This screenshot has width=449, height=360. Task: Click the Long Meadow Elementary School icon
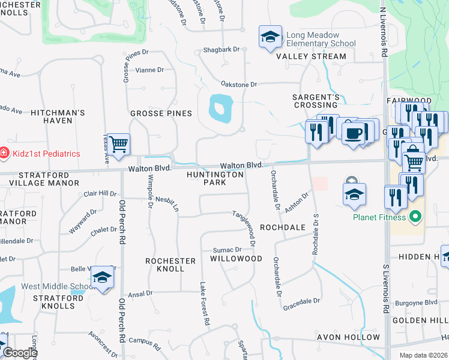click(270, 37)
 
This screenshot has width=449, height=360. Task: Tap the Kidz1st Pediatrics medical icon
click(4, 154)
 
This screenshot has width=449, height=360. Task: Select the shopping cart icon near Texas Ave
click(119, 143)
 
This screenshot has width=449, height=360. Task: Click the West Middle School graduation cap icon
click(102, 277)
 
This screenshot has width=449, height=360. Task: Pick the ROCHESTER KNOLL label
click(170, 265)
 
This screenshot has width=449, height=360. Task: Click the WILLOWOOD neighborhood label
click(236, 259)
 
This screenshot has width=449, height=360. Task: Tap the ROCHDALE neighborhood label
click(283, 227)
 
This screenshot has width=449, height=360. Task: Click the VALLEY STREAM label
click(311, 56)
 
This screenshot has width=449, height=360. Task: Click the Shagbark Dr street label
click(221, 49)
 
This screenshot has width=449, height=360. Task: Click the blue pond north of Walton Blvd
click(220, 108)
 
